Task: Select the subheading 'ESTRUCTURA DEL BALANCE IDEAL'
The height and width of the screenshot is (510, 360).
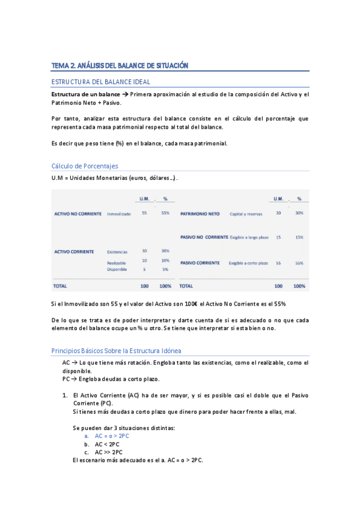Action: click(x=101, y=81)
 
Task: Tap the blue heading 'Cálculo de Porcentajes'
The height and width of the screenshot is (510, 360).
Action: click(x=85, y=166)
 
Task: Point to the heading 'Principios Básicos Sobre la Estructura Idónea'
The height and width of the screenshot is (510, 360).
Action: click(x=116, y=351)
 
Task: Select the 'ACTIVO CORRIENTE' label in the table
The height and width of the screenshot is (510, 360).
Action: click(x=74, y=251)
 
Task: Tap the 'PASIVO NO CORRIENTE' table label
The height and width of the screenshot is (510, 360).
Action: click(x=204, y=238)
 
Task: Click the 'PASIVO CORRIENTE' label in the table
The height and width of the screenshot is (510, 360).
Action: click(x=200, y=263)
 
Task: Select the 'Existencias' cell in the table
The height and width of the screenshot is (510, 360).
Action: click(x=117, y=251)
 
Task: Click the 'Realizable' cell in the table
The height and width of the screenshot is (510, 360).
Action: click(x=117, y=263)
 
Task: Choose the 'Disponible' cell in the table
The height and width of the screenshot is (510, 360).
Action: click(x=117, y=269)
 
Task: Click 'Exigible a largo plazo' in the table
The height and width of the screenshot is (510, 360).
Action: click(x=249, y=238)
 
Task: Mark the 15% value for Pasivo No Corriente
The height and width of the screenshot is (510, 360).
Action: click(x=299, y=238)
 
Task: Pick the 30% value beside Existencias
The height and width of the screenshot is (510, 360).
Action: click(x=165, y=251)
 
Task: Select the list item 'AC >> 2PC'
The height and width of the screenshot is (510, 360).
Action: click(x=109, y=452)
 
